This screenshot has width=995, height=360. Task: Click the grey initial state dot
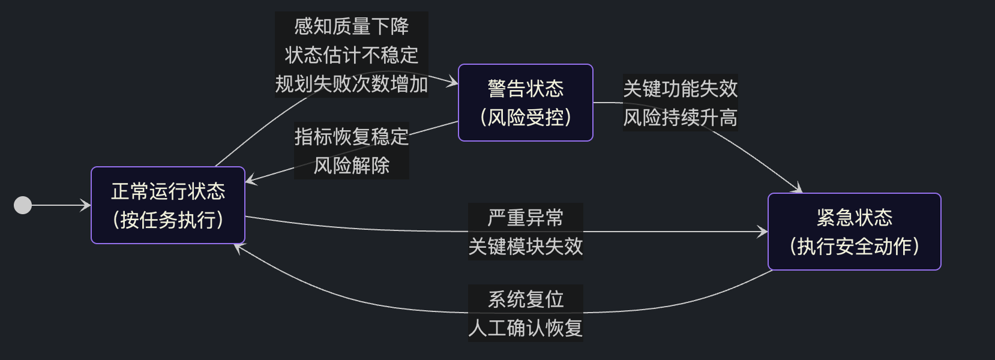[23, 205]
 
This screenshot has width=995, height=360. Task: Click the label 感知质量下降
[352, 26]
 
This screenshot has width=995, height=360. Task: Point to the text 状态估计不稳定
[352, 55]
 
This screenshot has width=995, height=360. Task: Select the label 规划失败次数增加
[352, 84]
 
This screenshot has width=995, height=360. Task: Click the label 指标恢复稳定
[352, 137]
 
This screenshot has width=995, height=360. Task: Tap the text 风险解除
[352, 166]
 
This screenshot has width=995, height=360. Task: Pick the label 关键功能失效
[680, 89]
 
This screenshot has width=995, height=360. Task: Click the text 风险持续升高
[680, 118]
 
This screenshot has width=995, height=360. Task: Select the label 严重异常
[525, 217]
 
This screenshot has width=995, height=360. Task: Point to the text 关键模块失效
[525, 246]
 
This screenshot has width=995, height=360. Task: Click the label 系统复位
[525, 299]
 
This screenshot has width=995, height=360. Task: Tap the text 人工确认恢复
[525, 328]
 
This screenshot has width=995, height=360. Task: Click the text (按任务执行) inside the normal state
[168, 220]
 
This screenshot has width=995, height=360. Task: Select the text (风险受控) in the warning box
[525, 118]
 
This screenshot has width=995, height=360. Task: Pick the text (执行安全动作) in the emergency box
[854, 246]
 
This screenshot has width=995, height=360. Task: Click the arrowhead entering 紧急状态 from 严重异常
[763, 232]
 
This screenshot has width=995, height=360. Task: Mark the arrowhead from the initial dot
[86, 205]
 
